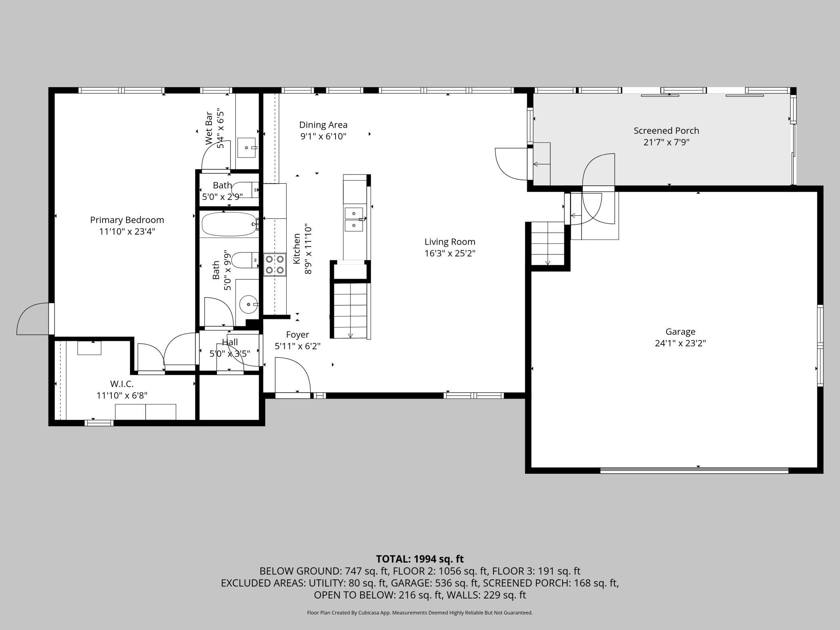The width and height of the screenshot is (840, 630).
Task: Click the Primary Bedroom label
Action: pos(127,220)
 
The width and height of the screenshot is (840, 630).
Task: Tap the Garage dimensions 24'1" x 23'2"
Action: pos(680,343)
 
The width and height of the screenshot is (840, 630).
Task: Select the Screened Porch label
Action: pos(666,131)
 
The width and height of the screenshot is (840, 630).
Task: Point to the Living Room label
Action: pos(450,242)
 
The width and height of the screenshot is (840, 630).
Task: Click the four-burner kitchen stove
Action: pos(275,265)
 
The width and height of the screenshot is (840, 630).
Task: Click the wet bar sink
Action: pos(246,148)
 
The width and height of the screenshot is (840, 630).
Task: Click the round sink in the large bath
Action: pos(248,304)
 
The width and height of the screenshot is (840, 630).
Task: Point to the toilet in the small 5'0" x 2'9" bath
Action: pos(246,189)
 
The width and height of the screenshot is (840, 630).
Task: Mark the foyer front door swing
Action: pos(292,375)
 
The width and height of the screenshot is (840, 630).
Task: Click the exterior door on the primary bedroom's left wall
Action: pos(33,319)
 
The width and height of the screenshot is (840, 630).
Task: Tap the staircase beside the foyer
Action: pos(350,311)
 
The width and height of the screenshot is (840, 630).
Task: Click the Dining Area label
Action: pos(323,125)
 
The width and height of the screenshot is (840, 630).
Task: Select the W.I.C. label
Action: pos(122,384)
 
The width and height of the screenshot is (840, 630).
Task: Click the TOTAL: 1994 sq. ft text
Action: pos(420,559)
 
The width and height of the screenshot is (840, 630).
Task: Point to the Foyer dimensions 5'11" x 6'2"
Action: pos(298,346)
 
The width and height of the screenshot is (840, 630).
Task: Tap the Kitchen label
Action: pos(297,249)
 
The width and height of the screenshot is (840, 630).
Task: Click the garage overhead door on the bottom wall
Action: pos(694,470)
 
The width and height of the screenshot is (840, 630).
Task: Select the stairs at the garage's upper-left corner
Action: pos(548,244)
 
